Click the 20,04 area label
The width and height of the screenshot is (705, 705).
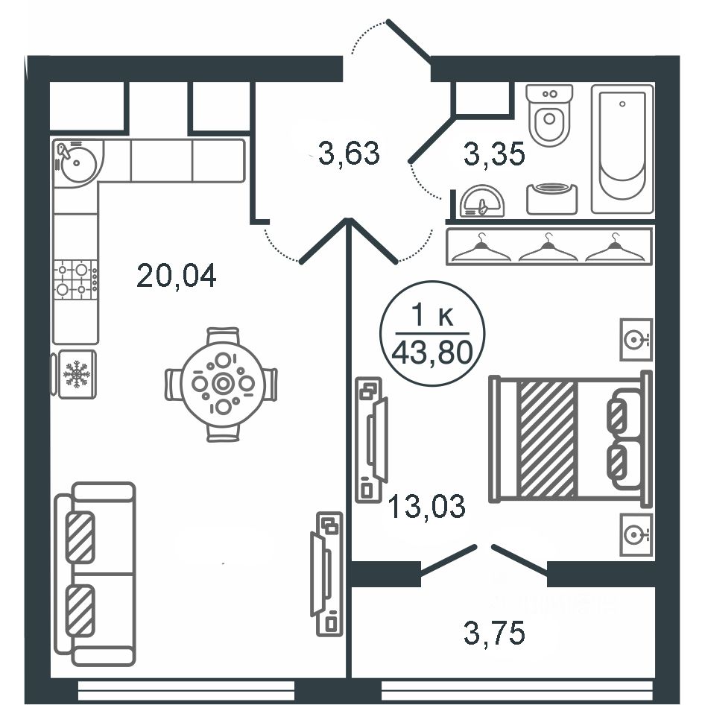pyautogui.click(x=176, y=275)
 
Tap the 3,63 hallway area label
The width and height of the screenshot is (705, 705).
pyautogui.click(x=349, y=153)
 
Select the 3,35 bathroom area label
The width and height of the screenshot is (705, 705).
pyautogui.click(x=494, y=154)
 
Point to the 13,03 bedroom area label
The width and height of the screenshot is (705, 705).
pyautogui.click(x=426, y=505)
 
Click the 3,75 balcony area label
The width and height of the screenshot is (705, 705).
pyautogui.click(x=494, y=633)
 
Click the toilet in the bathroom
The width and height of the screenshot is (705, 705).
pyautogui.click(x=549, y=115)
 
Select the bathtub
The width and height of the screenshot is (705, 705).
pyautogui.click(x=622, y=149)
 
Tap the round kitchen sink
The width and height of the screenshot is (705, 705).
pyautogui.click(x=78, y=162)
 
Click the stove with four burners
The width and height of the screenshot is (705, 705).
pyautogui.click(x=75, y=279)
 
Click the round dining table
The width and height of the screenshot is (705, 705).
pyautogui.click(x=221, y=384)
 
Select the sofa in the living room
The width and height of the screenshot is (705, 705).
pyautogui.click(x=95, y=574)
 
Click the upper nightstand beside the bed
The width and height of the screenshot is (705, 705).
pyautogui.click(x=636, y=340)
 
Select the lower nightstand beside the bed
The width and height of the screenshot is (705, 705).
pyautogui.click(x=636, y=534)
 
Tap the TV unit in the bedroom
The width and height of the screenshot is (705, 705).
pyautogui.click(x=371, y=440)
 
